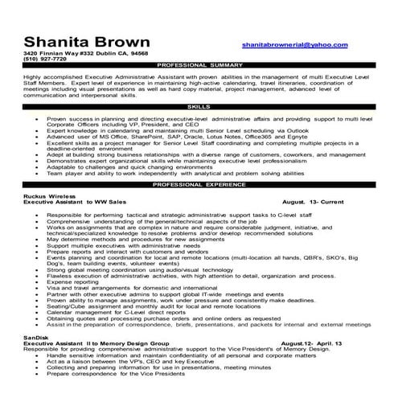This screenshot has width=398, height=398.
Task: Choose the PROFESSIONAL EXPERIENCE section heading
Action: [198, 184]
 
